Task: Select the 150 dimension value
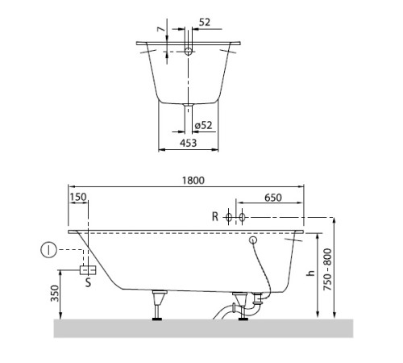(x=78, y=197)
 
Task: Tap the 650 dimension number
(x=272, y=197)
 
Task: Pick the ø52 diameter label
(x=205, y=125)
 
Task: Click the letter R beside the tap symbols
(x=215, y=217)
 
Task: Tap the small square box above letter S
(x=89, y=269)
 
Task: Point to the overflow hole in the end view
(x=189, y=52)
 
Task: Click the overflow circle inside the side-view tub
(x=252, y=240)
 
